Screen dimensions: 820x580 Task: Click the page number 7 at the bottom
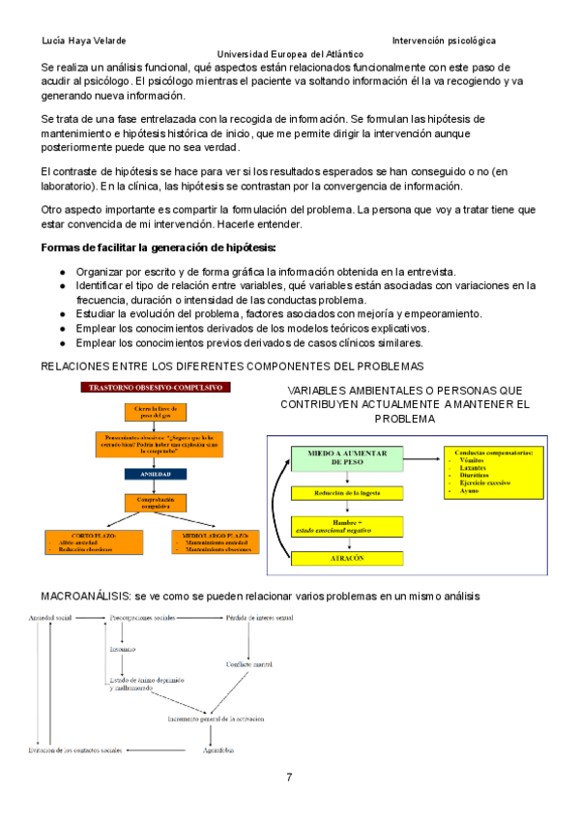click(289, 778)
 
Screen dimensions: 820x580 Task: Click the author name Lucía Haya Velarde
click(85, 41)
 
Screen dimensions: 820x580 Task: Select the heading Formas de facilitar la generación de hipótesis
click(159, 248)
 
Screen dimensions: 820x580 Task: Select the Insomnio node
click(123, 650)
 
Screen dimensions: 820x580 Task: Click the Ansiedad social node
click(51, 617)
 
